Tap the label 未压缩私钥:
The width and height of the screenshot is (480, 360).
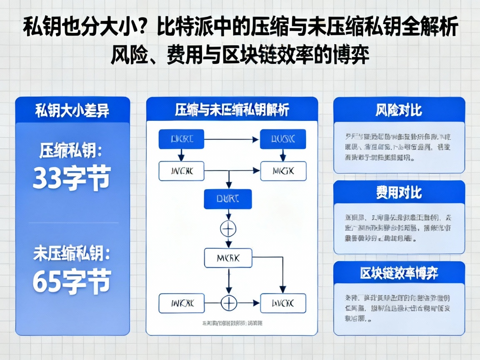(x=71, y=254)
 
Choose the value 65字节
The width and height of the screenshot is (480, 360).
(x=71, y=282)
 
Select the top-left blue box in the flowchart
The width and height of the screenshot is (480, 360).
(x=181, y=139)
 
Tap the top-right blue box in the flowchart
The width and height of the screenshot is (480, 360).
(x=283, y=139)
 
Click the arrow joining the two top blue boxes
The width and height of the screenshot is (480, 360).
(x=232, y=139)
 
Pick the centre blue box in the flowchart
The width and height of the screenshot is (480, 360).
(x=227, y=199)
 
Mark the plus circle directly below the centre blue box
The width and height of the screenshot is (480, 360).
(x=228, y=228)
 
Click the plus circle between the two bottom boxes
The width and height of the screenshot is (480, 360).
(x=228, y=302)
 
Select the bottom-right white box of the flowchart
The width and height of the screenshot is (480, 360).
(x=283, y=303)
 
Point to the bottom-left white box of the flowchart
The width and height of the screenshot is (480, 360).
(x=181, y=303)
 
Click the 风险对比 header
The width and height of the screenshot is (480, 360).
(x=399, y=110)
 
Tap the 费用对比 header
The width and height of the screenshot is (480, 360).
(x=399, y=192)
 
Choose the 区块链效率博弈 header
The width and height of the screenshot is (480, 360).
(x=399, y=273)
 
